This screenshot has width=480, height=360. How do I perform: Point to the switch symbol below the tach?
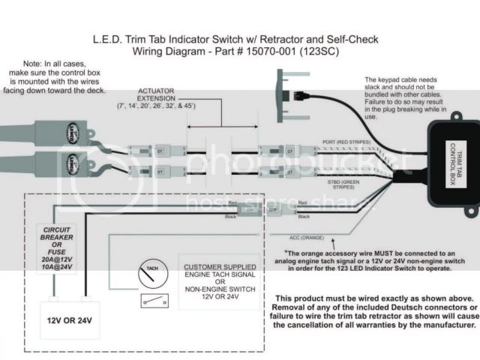[151, 300]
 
